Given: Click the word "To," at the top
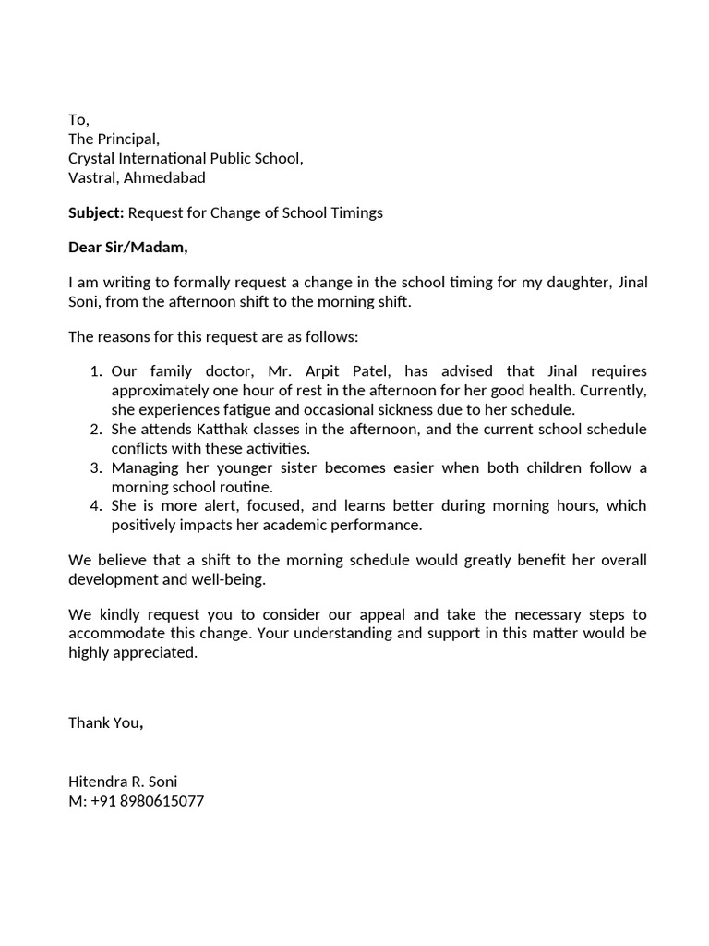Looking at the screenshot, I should [79, 120].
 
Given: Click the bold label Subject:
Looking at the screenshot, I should [96, 213].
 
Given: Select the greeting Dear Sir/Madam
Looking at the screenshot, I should [127, 248].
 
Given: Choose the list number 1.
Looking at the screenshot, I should [95, 371].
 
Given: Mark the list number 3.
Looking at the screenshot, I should [95, 467].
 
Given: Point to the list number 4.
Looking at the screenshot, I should [95, 506].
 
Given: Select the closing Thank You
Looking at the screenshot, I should [104, 723].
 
